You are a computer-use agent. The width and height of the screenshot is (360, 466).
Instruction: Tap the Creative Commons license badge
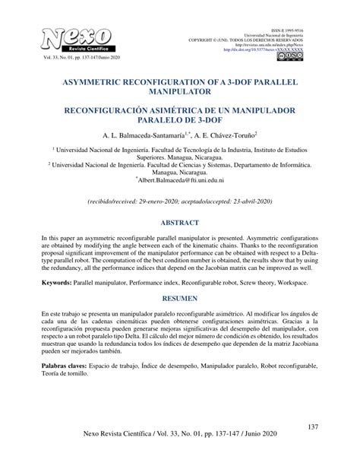tap(291, 56)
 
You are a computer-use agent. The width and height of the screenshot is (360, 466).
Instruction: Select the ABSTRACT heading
tap(179, 223)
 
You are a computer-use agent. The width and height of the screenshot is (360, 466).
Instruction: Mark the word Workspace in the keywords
tap(289, 282)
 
